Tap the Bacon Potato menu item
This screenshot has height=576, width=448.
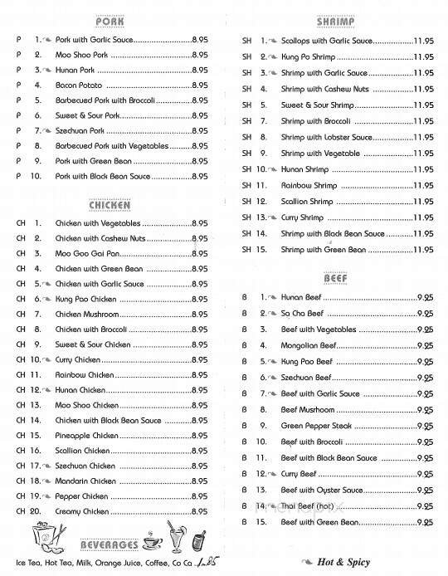pos(79,85)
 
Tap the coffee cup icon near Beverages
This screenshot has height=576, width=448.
pos(152,540)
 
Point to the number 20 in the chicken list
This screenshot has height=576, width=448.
pos(36,513)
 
